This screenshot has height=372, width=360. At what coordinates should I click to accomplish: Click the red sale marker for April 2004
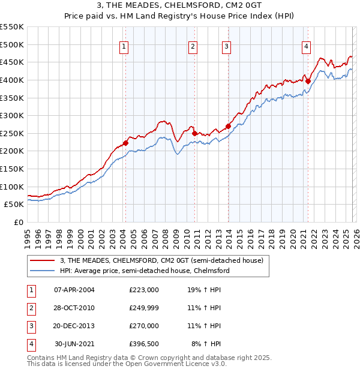point(125,143)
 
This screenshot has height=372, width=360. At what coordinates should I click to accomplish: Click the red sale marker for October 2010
point(195,133)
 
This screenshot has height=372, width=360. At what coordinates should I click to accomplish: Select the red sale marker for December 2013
point(228,126)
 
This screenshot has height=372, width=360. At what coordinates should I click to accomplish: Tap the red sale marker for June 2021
point(308,81)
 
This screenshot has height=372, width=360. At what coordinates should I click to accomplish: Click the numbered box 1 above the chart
point(124,47)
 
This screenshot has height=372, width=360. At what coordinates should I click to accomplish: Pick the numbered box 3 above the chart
point(226,47)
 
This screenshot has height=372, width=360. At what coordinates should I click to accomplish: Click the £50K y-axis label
point(14,204)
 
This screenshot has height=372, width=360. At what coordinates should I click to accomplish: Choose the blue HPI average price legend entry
point(144,271)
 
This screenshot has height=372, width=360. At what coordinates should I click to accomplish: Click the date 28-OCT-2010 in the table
point(74,308)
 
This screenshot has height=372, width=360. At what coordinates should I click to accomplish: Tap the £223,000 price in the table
point(143,290)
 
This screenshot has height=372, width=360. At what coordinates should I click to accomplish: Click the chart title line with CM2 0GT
point(179,7)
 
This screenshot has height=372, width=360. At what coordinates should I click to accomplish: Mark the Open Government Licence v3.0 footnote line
point(127,364)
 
